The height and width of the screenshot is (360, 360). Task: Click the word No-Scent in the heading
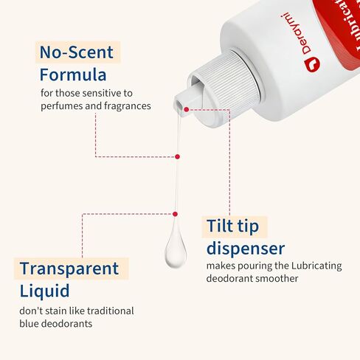click(x=77, y=52)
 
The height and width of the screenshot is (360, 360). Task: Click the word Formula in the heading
click(x=73, y=75)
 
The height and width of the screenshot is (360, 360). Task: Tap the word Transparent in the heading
click(x=69, y=269)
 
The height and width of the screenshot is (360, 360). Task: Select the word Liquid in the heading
click(x=45, y=291)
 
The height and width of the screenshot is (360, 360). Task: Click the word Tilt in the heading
click(x=222, y=226)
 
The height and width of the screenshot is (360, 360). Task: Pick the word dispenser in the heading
click(x=246, y=248)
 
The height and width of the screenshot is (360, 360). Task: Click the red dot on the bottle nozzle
click(x=187, y=109)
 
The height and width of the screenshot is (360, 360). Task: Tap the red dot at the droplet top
click(x=175, y=214)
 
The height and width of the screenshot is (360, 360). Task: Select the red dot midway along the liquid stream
click(x=177, y=156)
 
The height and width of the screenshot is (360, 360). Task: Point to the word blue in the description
click(x=31, y=324)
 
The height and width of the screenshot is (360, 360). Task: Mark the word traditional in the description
click(x=108, y=311)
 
